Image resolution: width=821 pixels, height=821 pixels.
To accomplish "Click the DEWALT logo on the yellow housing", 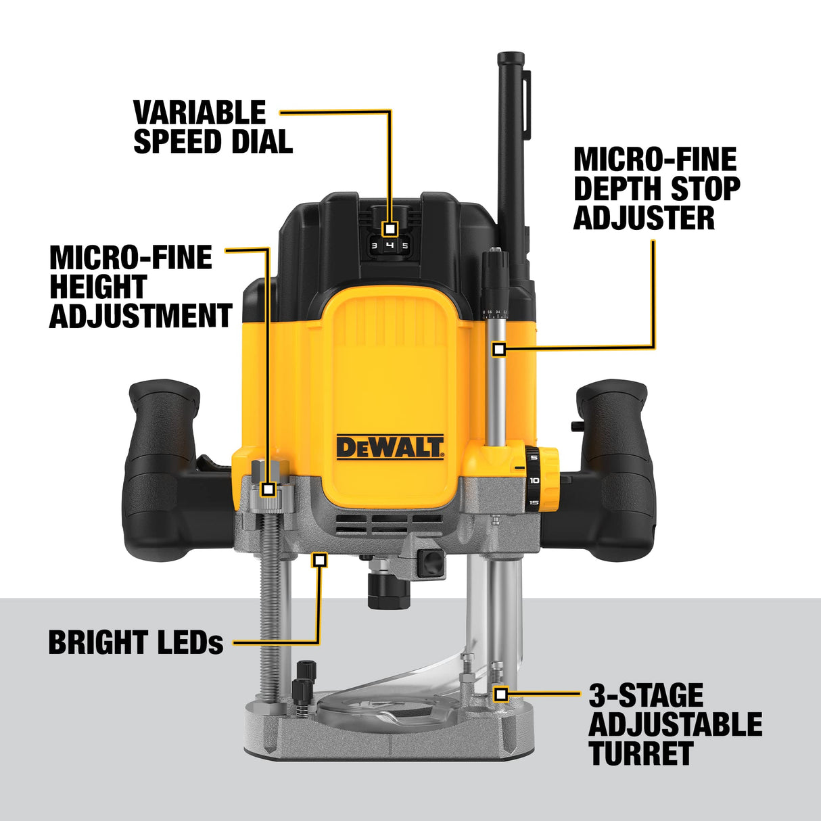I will (390, 447).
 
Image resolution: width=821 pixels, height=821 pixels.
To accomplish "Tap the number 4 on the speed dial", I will (390, 245).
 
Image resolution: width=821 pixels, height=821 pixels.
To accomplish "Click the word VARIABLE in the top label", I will (200, 112).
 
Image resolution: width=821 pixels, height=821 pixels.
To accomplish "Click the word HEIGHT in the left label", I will (98, 287).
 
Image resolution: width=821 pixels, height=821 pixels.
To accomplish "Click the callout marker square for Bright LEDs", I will (320, 559).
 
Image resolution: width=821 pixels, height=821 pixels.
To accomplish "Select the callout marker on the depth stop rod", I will (499, 349).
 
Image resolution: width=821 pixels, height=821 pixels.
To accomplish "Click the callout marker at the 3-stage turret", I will (500, 694).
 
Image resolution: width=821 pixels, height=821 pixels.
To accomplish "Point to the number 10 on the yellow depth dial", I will (534, 480).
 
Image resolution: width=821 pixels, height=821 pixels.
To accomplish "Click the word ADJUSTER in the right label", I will (644, 218).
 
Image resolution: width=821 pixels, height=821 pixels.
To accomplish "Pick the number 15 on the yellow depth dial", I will (534, 502).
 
